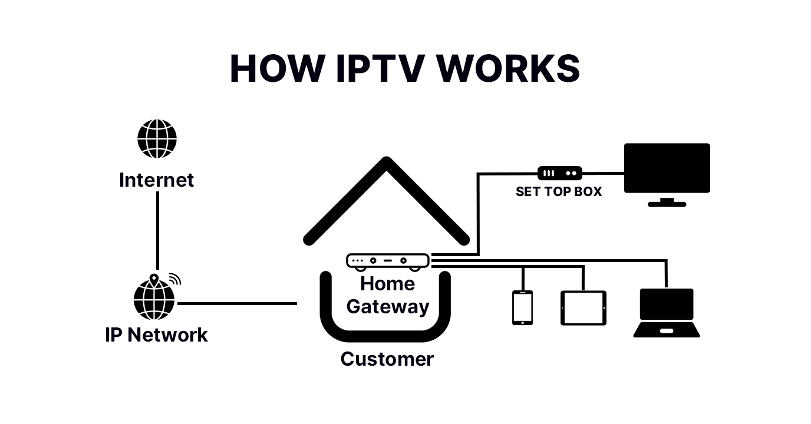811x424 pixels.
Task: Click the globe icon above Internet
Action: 157,139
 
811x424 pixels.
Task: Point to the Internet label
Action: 156,180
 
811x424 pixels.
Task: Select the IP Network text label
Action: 156,334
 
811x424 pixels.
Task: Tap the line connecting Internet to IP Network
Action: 157,230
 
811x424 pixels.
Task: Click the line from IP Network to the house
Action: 236,304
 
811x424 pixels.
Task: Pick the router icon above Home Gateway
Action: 388,261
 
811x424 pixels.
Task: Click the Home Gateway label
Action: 388,295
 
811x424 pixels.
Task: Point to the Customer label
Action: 387,359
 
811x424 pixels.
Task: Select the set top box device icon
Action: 559,173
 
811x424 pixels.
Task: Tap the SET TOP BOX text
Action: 559,191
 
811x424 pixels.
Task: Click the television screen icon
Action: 667,168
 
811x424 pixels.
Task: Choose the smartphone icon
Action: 522,307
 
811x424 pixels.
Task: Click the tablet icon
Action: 583,308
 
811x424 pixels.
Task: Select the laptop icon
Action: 667,313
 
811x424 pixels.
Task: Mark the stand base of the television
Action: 667,204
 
